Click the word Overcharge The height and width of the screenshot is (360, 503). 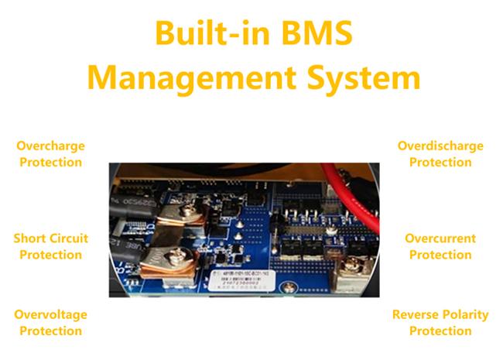[x=50, y=146]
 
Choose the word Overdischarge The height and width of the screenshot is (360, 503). [x=440, y=146]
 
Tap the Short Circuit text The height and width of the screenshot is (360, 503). [x=50, y=238]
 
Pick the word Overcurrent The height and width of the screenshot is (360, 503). [x=440, y=238]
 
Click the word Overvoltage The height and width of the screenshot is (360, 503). [x=50, y=314]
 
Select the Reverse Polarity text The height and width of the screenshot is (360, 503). [x=440, y=314]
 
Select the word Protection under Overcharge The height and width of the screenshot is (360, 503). [x=50, y=163]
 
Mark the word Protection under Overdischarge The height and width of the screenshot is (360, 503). [x=440, y=163]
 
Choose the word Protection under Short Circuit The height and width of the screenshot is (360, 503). [x=50, y=255]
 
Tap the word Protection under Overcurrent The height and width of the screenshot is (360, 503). [x=440, y=255]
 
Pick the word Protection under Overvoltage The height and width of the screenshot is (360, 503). [x=50, y=331]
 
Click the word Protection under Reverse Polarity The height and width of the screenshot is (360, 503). [x=440, y=331]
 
